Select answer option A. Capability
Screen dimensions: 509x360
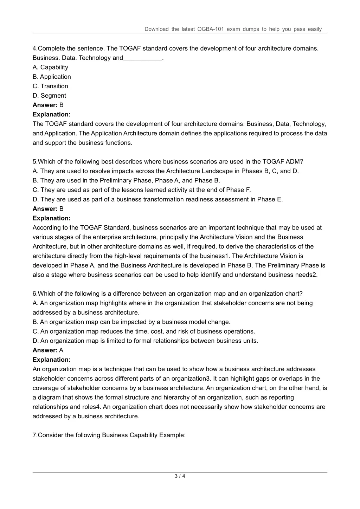coord(50,67)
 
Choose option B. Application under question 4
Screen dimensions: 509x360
coord(52,77)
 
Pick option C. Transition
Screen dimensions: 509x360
coord(50,86)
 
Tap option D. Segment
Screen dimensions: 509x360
coord(49,96)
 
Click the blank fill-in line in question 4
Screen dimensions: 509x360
coord(142,58)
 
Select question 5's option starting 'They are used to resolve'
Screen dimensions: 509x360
coord(165,171)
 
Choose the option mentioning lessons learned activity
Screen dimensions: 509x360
coord(142,190)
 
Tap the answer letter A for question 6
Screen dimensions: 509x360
coord(61,350)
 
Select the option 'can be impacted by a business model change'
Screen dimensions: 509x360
coord(131,322)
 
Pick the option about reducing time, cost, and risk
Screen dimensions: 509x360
coord(144,331)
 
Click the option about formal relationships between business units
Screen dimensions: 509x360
coord(145,341)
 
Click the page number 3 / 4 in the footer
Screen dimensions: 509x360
coord(180,476)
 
